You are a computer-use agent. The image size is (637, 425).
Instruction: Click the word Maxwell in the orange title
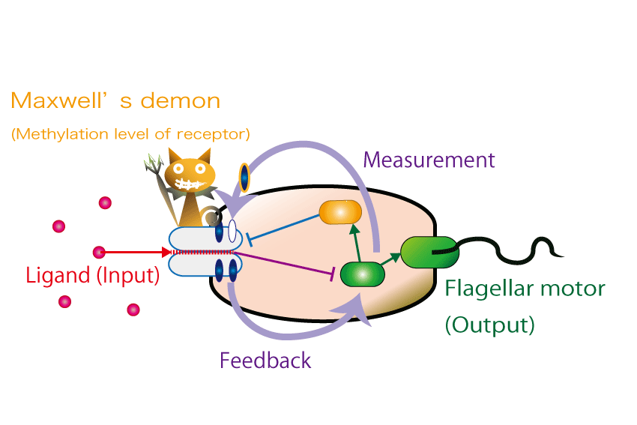58,100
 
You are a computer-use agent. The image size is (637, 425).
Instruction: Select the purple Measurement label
429,160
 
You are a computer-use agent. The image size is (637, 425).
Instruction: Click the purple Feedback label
265,361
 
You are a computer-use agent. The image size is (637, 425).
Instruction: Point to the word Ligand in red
58,276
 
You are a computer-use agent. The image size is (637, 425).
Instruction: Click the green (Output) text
489,325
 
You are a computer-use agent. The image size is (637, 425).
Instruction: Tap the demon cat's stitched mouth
189,184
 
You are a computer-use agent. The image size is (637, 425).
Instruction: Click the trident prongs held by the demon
154,163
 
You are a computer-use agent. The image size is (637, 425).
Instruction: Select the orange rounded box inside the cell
340,212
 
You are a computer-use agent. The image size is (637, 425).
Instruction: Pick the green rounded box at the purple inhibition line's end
363,274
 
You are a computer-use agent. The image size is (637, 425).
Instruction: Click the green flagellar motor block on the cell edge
429,253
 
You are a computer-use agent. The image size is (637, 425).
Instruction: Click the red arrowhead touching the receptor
166,253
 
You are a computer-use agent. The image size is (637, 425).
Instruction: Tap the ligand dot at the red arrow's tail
99,253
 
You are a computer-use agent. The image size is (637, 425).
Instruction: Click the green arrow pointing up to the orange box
356,243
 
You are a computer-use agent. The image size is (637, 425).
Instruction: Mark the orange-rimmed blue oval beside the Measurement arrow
244,178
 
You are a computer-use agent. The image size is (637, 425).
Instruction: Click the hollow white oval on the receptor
232,231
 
